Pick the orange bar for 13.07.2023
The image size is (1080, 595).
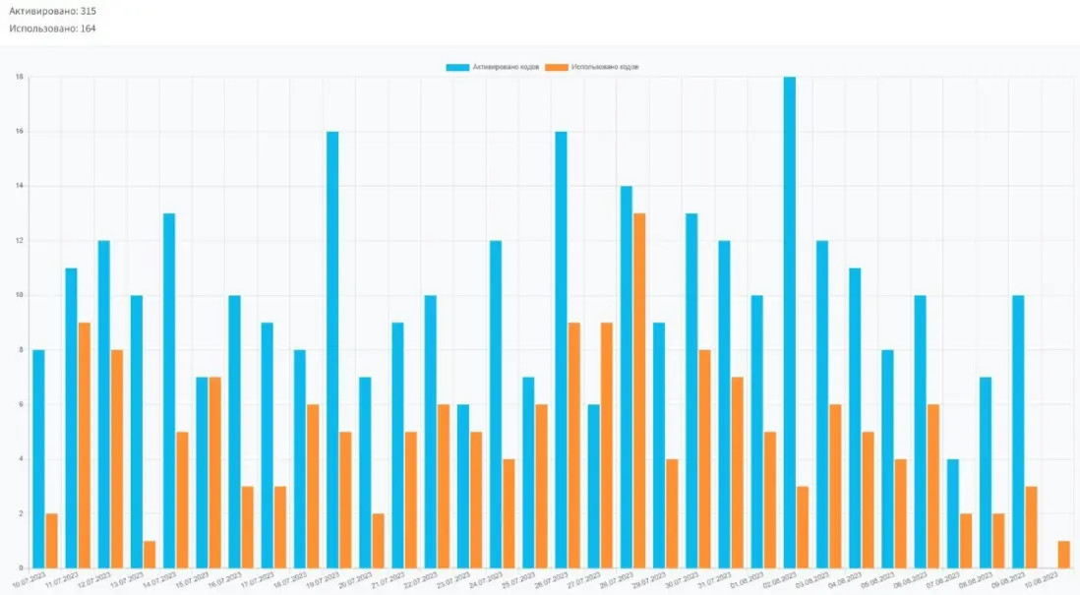149,554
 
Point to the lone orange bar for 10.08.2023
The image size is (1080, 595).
1063,554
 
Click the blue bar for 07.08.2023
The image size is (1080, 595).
952,512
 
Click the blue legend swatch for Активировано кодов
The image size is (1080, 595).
457,67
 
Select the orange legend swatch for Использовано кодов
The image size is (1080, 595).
558,67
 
